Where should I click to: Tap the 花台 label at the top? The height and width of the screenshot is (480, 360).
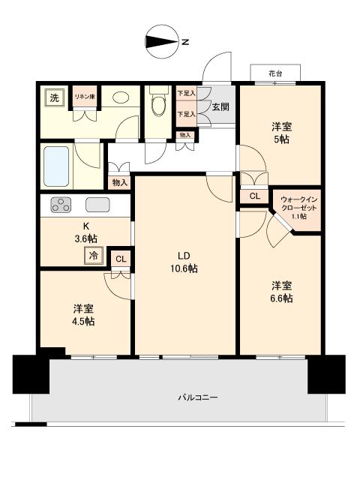click(x=275, y=73)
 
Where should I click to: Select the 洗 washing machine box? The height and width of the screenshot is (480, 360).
click(x=54, y=97)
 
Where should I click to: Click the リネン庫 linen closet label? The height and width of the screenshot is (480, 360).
click(x=84, y=97)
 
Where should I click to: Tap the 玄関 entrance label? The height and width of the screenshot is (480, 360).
click(x=220, y=106)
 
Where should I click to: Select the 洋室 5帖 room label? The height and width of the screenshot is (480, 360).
click(x=281, y=133)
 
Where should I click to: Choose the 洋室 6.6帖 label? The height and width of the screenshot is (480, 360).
click(x=281, y=292)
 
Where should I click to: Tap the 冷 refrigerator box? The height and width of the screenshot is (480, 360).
click(x=94, y=256)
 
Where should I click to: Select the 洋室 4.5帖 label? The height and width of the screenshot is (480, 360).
click(x=83, y=314)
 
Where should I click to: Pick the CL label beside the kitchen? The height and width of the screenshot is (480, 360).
click(x=120, y=259)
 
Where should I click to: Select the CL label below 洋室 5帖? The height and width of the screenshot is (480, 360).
click(x=254, y=196)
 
